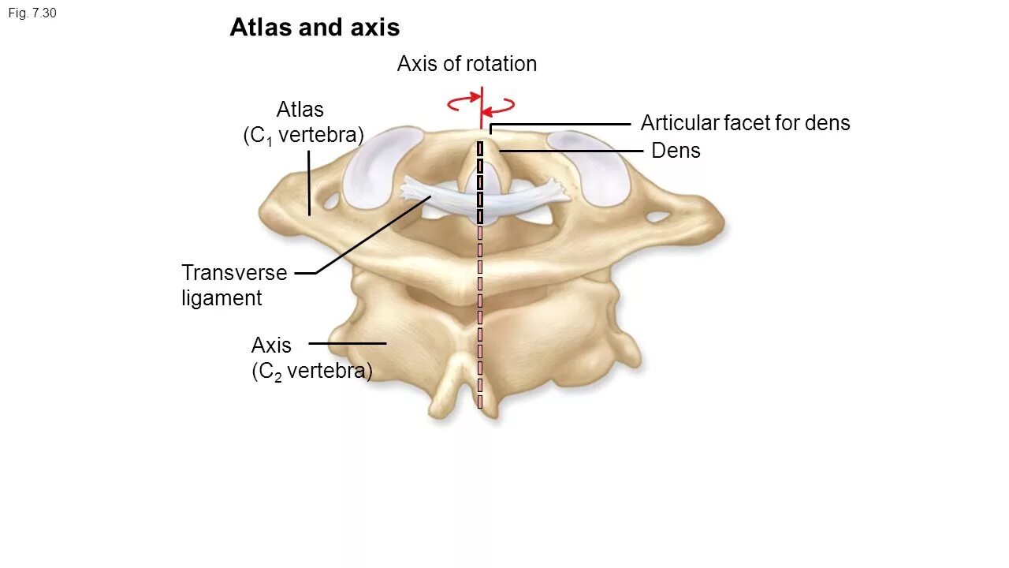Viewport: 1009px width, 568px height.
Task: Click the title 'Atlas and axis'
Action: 315,28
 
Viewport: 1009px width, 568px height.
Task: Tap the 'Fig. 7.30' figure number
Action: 32,13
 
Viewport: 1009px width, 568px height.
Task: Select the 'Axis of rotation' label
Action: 467,64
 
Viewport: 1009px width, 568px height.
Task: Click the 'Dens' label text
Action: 676,151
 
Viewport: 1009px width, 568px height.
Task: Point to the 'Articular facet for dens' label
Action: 745,123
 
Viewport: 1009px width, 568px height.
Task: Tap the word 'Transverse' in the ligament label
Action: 234,273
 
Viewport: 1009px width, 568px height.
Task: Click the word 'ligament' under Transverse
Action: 222,298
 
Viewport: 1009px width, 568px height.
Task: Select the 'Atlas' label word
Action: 300,109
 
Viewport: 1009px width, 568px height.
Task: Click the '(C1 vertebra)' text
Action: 303,136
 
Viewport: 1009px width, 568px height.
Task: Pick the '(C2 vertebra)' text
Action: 311,372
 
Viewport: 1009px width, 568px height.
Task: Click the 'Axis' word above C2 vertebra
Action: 271,346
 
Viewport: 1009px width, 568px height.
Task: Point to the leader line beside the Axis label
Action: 347,343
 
